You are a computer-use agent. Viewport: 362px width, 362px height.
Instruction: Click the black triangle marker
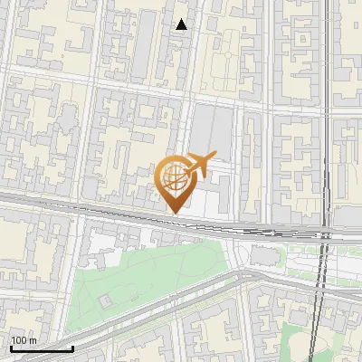pyautogui.click(x=182, y=25)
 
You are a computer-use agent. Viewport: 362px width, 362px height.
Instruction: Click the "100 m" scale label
pyautogui.click(x=24, y=340)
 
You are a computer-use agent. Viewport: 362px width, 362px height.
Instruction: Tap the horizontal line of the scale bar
pyautogui.click(x=42, y=348)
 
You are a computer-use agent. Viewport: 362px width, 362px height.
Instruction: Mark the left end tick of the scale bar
pyautogui.click(x=11, y=347)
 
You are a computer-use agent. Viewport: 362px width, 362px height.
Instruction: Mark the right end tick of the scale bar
pyautogui.click(x=72, y=347)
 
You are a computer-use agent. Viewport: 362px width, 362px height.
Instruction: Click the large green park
pyautogui.click(x=145, y=281)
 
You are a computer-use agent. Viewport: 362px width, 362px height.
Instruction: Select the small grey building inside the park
pyautogui.click(x=107, y=299)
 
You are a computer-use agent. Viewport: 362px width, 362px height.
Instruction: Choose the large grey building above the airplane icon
pyautogui.click(x=211, y=127)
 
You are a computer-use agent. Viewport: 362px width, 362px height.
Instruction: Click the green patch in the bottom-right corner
pyautogui.click(x=303, y=339)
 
